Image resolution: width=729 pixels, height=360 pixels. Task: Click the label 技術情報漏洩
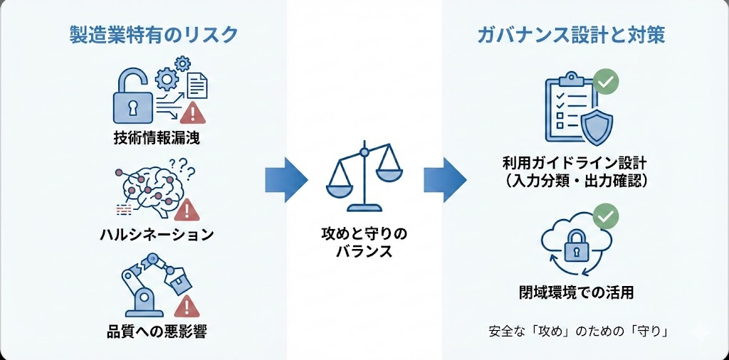[156, 137]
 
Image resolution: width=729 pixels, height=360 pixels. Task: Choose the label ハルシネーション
[156, 234]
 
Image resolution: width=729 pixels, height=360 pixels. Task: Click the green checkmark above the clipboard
[606, 81]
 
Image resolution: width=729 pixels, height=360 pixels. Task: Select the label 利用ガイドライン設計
[575, 164]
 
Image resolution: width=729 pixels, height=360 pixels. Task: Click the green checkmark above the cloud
[606, 215]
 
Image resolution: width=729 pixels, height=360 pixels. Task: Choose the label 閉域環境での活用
[575, 292]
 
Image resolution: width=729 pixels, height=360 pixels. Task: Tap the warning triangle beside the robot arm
[187, 307]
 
